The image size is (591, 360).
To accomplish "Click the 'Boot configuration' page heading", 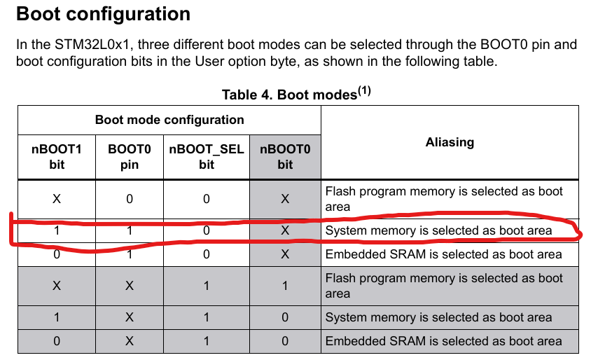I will [103, 14].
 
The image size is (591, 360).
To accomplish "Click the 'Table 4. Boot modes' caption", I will [290, 94].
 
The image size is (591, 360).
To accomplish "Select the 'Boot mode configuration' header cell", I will [169, 120].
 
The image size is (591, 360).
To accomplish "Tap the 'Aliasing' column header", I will [450, 142].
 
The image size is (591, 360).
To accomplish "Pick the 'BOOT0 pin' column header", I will [129, 157].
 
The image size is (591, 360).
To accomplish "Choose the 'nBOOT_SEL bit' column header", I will [207, 157].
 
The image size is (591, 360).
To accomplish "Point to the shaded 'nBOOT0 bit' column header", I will [285, 157].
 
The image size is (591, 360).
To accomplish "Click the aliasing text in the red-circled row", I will [438, 230].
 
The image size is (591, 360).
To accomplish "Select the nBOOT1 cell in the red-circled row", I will [57, 230].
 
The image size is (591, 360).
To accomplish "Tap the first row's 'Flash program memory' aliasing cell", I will [444, 199].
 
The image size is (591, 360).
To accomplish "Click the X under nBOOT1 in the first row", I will [57, 199].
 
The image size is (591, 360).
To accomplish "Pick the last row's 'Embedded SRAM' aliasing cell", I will [443, 341].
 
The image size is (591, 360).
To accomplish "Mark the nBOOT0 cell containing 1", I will [285, 286].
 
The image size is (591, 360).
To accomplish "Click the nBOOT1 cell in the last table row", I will [57, 341].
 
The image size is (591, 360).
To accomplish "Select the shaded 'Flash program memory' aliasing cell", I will [444, 286].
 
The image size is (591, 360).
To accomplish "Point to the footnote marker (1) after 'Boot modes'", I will [365, 90].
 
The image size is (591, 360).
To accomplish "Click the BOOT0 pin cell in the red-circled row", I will [129, 230].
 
